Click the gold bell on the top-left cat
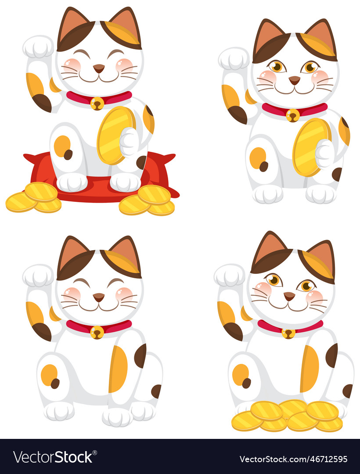pyautogui.click(x=97, y=103)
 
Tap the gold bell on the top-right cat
pyautogui.click(x=292, y=115)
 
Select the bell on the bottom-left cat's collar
pyautogui.click(x=97, y=332)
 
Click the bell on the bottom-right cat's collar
pyautogui.click(x=288, y=333)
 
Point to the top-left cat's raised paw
pyautogui.click(x=38, y=47)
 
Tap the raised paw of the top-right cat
pyautogui.click(x=234, y=58)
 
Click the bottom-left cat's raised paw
pyautogui.click(x=38, y=276)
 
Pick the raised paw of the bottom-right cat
pyautogui.click(x=229, y=276)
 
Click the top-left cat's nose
pyautogui.click(x=99, y=68)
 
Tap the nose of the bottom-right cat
pyautogui.click(x=289, y=296)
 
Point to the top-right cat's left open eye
pyautogui.click(x=277, y=66)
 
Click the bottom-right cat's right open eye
pyautogui.click(x=306, y=286)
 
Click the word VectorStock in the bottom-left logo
pyautogui.click(x=53, y=457)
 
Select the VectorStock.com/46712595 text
pyautogui.click(x=293, y=459)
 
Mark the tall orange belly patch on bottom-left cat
pyautogui.click(x=118, y=369)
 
